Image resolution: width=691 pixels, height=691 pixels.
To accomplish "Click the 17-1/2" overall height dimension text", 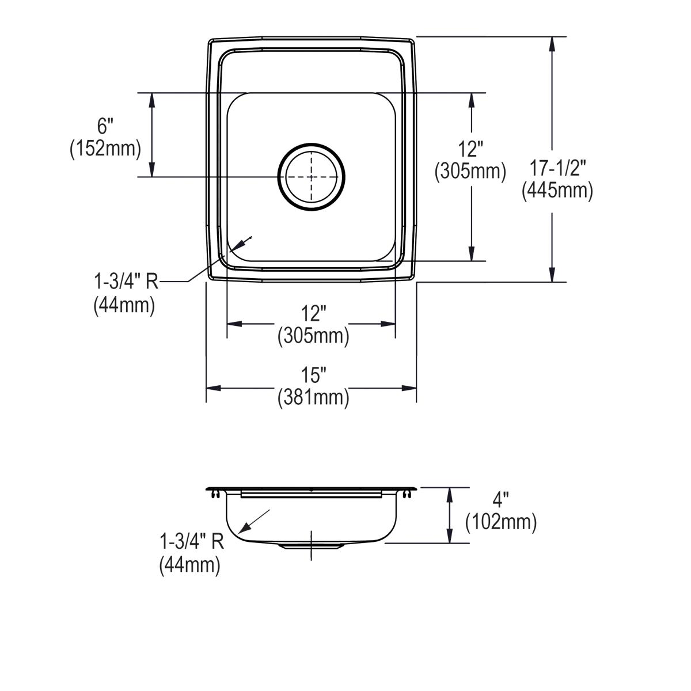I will click(x=557, y=168).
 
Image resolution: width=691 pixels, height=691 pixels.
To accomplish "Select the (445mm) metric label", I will click(x=557, y=191).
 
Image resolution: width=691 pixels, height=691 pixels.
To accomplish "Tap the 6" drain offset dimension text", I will click(x=105, y=126).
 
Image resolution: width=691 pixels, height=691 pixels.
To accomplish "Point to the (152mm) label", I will click(x=105, y=149).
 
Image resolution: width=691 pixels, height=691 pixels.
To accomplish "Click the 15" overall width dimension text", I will click(x=313, y=375).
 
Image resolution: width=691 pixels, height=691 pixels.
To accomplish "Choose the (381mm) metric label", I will click(x=313, y=398).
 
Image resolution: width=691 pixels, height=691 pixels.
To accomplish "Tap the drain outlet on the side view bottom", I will click(x=312, y=545).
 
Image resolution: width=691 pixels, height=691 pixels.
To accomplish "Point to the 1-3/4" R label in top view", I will click(x=126, y=282).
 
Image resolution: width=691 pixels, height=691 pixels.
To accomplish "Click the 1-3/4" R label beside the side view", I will click(x=191, y=541).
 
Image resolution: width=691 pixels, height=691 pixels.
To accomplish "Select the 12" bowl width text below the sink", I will click(x=313, y=314).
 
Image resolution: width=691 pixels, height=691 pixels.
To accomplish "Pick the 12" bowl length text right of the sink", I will click(x=471, y=149).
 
